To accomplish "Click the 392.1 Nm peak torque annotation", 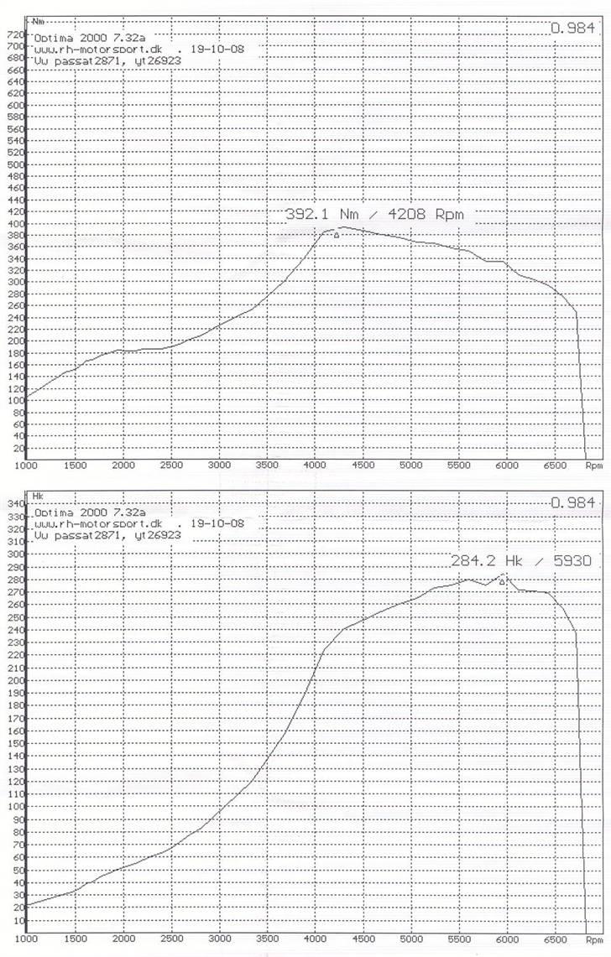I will [x=374, y=215].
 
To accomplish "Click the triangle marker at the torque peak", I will [x=337, y=236].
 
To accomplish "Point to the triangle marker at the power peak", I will [x=502, y=581].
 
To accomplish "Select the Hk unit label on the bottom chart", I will [x=38, y=496].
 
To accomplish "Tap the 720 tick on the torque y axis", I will [x=16, y=34].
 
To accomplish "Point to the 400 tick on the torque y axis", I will [x=16, y=224].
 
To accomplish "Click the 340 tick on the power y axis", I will [x=16, y=504].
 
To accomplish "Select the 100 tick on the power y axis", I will [x=16, y=806].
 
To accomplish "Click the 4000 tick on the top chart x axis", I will [x=316, y=464].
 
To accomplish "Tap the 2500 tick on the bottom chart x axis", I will [x=171, y=940].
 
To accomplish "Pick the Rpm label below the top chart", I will [x=593, y=464].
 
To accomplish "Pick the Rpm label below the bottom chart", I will [x=593, y=940].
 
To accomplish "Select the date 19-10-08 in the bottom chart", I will [x=217, y=523].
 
